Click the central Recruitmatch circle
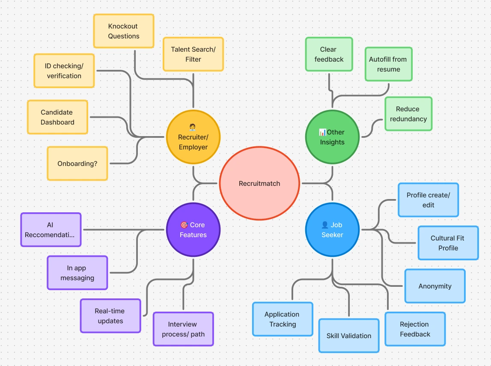click(x=259, y=183)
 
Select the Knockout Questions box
click(x=124, y=31)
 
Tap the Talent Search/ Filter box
click(x=193, y=54)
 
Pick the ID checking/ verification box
click(x=64, y=71)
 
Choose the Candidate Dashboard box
click(x=57, y=117)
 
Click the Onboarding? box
click(x=77, y=164)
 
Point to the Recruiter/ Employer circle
click(x=193, y=137)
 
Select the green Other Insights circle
click(x=332, y=137)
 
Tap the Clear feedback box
click(x=329, y=54)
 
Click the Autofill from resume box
click(x=388, y=64)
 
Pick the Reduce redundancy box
click(x=408, y=114)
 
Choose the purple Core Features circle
click(x=193, y=229)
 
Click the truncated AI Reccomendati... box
click(x=51, y=230)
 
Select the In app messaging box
click(x=77, y=273)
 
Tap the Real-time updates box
click(x=110, y=316)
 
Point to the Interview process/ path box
click(x=183, y=329)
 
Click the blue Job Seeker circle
click(x=332, y=229)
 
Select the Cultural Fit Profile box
click(x=448, y=243)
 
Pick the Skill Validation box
click(x=349, y=336)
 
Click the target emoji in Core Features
click(x=184, y=225)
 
